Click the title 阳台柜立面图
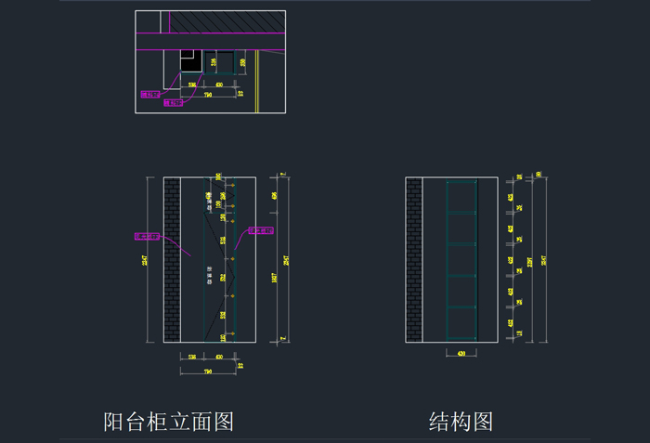click(x=168, y=422)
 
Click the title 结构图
click(x=461, y=422)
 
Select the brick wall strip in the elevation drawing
click(x=171, y=259)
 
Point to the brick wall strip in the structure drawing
click(x=414, y=259)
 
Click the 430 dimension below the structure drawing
click(x=461, y=354)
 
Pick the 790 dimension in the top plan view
click(x=207, y=95)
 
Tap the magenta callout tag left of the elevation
click(x=148, y=236)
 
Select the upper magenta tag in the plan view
click(x=150, y=94)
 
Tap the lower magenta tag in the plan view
click(x=173, y=103)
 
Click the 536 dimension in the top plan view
click(x=191, y=85)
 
